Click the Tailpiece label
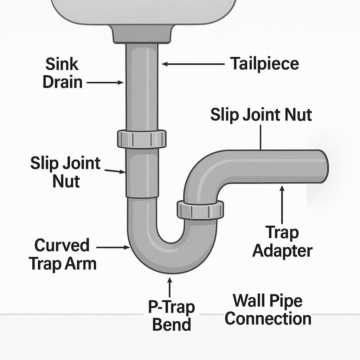(264, 64)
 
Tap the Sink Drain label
(63, 73)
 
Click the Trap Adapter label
(282, 242)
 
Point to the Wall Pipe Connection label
(268, 310)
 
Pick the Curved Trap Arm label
(63, 254)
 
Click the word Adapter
(282, 251)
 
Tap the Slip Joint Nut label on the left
(65, 172)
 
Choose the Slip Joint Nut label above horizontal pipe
(261, 115)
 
